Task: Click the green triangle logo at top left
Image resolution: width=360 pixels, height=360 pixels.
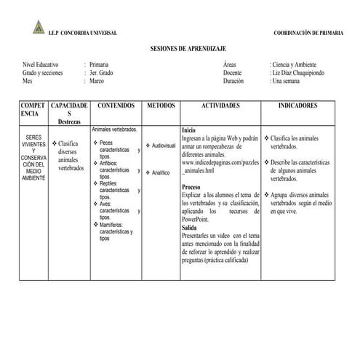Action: (x=39, y=27)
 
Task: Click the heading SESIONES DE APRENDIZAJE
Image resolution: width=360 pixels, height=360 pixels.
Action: (x=180, y=47)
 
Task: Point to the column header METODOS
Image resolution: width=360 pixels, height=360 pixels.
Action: (x=161, y=106)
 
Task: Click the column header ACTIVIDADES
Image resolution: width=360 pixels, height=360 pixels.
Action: (x=220, y=106)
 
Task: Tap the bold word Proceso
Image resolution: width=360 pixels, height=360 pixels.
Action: (x=192, y=188)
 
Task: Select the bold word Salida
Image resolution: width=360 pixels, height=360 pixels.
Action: (x=190, y=228)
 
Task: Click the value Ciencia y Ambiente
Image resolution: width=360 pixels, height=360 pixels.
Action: (x=297, y=65)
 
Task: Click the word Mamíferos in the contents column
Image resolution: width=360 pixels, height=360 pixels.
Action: (x=116, y=225)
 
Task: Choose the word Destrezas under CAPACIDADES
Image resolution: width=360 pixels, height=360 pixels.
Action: (x=70, y=122)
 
